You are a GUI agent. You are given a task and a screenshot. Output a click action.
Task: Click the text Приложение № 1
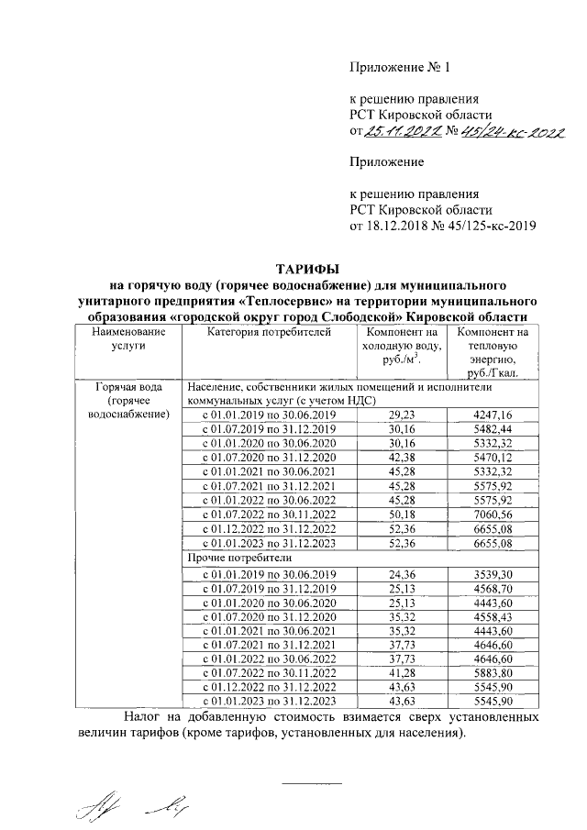click(x=400, y=67)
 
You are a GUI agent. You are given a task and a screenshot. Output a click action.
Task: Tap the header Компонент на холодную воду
click(x=402, y=347)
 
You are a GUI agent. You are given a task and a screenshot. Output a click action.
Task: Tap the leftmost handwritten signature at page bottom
click(x=92, y=806)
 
